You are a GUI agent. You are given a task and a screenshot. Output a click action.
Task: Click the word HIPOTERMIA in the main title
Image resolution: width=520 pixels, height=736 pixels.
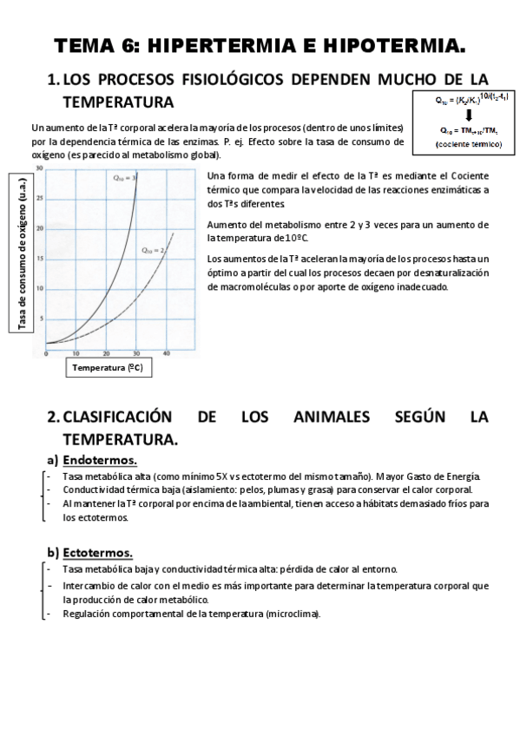tap(395, 44)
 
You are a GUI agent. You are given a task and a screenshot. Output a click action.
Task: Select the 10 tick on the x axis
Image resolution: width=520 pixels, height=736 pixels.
tap(76, 353)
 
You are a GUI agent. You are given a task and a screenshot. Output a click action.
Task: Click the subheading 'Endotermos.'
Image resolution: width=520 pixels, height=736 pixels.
tap(100, 460)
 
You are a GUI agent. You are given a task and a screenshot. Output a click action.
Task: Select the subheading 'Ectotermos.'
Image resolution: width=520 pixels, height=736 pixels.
tap(97, 552)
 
